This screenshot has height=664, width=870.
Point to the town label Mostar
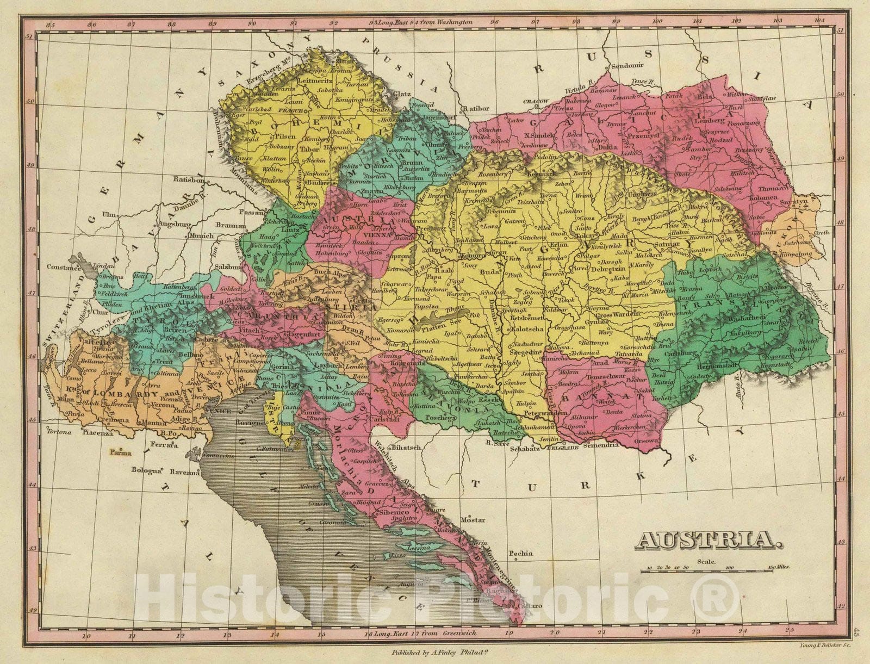pyautogui.click(x=473, y=520)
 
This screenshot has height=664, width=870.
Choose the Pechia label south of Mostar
pyautogui.click(x=520, y=554)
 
